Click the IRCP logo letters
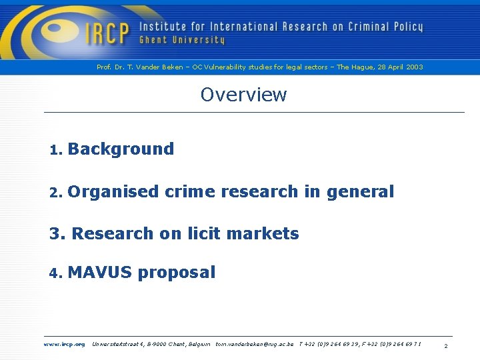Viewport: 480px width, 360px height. tap(105, 33)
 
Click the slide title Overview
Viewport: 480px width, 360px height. tap(243, 95)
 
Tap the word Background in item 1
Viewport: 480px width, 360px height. tap(121, 149)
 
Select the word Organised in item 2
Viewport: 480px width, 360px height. tap(113, 192)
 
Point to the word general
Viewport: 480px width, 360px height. tap(360, 192)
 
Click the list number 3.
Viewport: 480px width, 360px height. tap(56, 233)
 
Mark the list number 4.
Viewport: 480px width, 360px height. tap(55, 273)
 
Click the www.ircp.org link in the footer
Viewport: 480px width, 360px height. tap(64, 344)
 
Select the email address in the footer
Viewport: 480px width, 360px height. tap(254, 344)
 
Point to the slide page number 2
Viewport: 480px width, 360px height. tap(445, 346)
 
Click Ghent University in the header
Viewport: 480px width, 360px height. tap(182, 41)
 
